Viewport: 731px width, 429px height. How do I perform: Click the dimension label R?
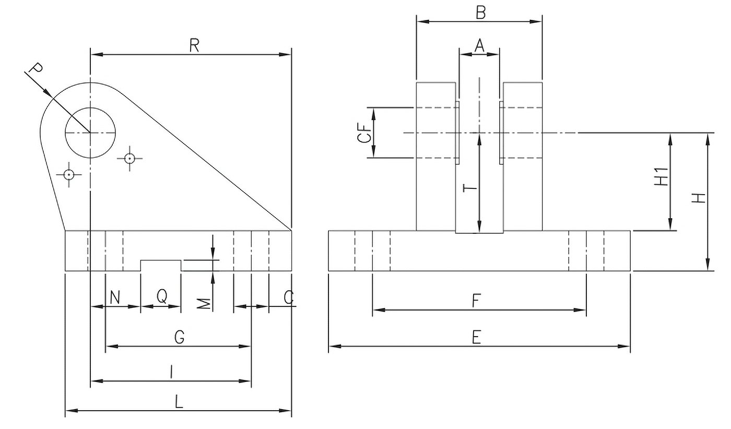194,46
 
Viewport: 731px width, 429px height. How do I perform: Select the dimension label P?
35,70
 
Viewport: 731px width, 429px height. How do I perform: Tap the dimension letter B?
480,13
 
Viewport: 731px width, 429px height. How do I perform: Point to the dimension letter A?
479,46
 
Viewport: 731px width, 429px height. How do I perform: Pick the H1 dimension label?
662,177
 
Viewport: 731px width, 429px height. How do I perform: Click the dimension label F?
476,301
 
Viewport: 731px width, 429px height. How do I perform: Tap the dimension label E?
476,338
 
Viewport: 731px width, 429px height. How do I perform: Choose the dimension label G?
179,338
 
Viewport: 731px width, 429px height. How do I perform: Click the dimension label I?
172,372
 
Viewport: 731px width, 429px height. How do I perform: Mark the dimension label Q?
162,296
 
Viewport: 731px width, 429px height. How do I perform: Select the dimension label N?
115,297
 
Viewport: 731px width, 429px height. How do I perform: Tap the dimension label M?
206,303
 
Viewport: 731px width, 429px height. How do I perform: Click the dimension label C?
289,298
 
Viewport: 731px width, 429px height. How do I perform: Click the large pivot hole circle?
90,133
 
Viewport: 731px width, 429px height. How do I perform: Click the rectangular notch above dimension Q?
161,265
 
